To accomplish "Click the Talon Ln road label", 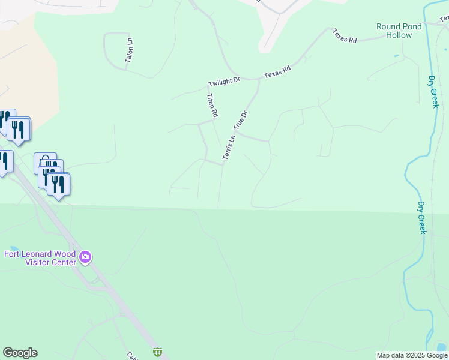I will [x=129, y=49].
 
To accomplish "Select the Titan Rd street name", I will [x=212, y=104].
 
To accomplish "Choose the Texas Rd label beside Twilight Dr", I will [x=277, y=73].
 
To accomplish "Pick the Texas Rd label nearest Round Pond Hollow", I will [x=345, y=35].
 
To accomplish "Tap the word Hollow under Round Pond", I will [x=399, y=35].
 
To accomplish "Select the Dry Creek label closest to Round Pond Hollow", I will [x=434, y=91].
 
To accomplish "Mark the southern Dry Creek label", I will [x=422, y=217].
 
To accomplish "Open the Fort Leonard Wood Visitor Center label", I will [x=40, y=258].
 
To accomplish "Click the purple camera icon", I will [x=85, y=258].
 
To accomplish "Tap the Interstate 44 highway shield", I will [x=157, y=352].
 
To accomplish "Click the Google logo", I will [x=20, y=353].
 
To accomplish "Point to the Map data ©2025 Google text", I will [x=411, y=355].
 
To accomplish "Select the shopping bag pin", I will [x=45, y=162].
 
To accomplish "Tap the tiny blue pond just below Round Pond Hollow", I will [x=396, y=56].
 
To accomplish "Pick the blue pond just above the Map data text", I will [x=442, y=347].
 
